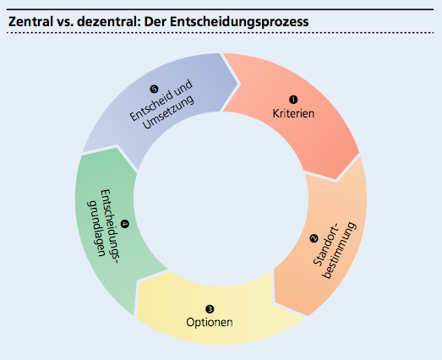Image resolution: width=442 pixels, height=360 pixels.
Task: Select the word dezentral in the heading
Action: point(109,22)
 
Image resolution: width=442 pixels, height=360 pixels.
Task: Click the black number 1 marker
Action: point(293,100)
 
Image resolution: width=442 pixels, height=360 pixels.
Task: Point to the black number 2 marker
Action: point(314,238)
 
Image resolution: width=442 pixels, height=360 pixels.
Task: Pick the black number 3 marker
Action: point(210,309)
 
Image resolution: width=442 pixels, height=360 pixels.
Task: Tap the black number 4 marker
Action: point(124,224)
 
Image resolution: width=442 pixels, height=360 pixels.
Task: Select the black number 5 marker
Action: point(154,90)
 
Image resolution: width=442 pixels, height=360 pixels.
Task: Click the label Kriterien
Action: point(293,113)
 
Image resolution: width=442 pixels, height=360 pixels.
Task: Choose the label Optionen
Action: point(210,322)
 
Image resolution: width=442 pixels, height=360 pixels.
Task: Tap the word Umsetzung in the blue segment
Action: point(169,112)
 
